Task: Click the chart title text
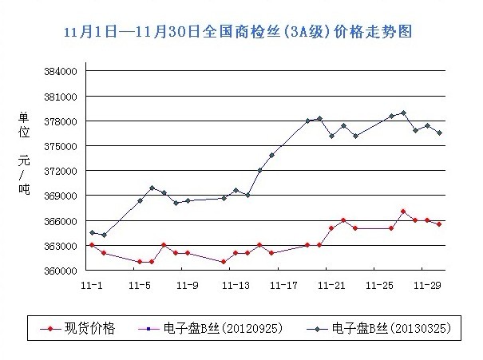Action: click(241, 33)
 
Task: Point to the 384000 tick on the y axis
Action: click(61, 72)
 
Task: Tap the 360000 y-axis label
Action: click(61, 271)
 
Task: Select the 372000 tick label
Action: click(61, 171)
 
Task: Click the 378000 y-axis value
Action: click(61, 121)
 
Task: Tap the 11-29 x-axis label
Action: click(430, 284)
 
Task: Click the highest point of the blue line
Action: click(403, 113)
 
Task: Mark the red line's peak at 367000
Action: click(403, 212)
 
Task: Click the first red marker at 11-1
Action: click(92, 245)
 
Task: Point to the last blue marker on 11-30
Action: click(439, 133)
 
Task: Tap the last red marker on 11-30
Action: click(439, 224)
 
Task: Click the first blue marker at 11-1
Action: click(92, 232)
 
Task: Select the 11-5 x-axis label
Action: click(140, 284)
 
